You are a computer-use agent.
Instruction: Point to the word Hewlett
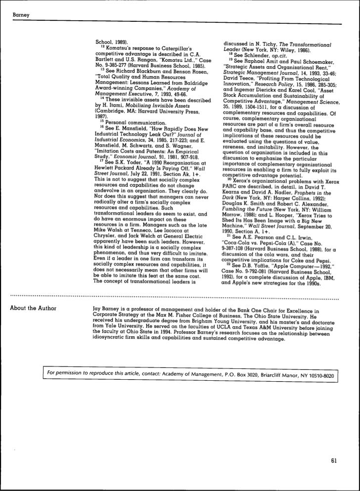(104, 167)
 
